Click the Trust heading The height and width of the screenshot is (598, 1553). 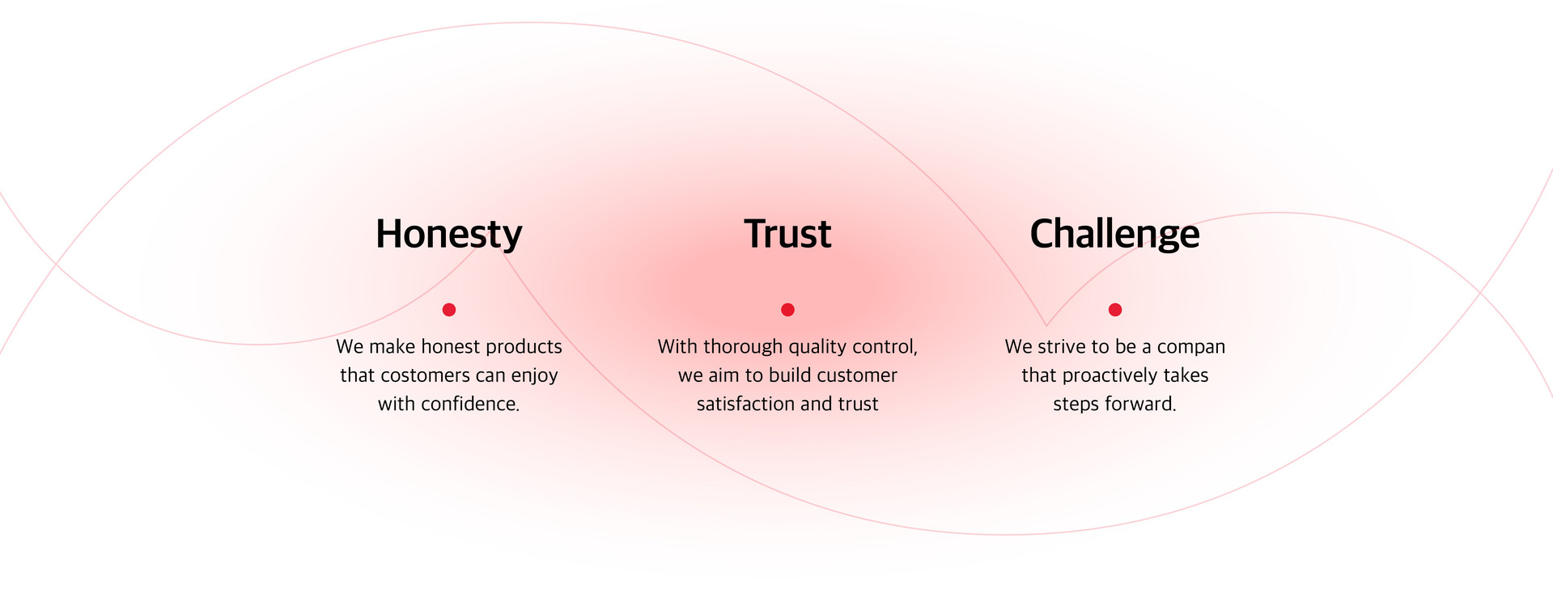787,234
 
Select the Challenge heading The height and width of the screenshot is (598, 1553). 1114,235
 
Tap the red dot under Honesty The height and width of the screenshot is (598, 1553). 449,309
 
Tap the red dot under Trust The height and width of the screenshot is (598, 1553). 787,309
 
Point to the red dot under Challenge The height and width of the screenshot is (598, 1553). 1115,309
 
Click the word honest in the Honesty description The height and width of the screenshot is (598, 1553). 451,347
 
